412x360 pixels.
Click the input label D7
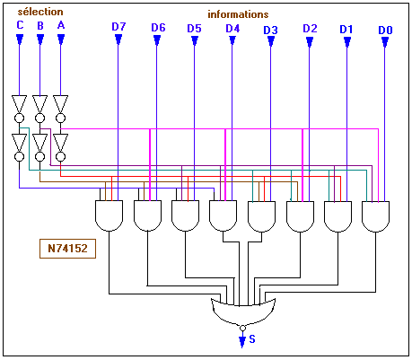click(118, 27)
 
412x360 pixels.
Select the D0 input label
click(385, 30)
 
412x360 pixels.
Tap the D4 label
click(232, 29)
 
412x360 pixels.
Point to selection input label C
click(20, 25)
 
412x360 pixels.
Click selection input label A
click(61, 25)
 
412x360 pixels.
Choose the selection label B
click(40, 26)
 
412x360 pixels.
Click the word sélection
click(40, 12)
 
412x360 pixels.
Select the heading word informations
click(238, 14)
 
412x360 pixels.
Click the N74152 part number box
click(67, 249)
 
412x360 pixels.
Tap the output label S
click(252, 339)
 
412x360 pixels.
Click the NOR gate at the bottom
click(243, 312)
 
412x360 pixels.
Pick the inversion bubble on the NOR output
click(242, 328)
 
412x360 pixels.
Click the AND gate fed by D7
click(109, 215)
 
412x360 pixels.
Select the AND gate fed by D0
click(375, 216)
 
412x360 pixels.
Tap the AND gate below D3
click(261, 216)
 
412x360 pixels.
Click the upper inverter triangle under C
click(20, 104)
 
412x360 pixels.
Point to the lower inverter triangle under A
click(61, 143)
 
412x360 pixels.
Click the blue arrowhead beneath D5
click(195, 40)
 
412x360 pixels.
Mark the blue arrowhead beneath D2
click(310, 42)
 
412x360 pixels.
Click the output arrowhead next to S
click(242, 341)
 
